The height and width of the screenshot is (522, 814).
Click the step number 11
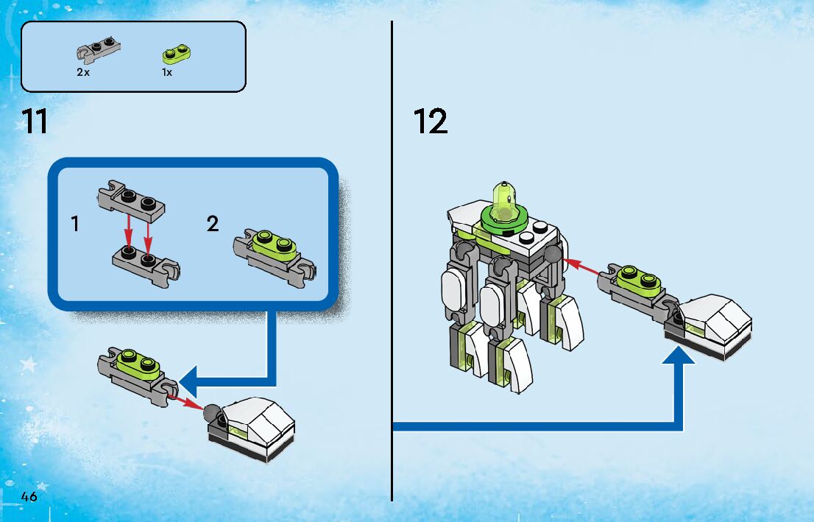[35, 121]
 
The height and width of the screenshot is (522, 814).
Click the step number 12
[431, 121]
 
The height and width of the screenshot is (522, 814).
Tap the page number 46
[29, 496]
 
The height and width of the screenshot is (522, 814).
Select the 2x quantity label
[83, 72]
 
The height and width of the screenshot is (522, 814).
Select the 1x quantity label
[166, 72]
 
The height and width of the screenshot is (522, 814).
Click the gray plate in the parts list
[99, 50]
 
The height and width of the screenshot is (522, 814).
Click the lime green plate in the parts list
[176, 53]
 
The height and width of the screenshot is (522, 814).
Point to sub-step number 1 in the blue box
[75, 224]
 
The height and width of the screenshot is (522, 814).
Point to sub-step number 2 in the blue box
[212, 224]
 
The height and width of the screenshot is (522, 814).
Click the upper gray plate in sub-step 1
[131, 201]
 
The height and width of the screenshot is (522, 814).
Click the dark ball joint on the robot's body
[552, 255]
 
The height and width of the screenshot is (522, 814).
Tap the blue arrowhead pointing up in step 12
[679, 356]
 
